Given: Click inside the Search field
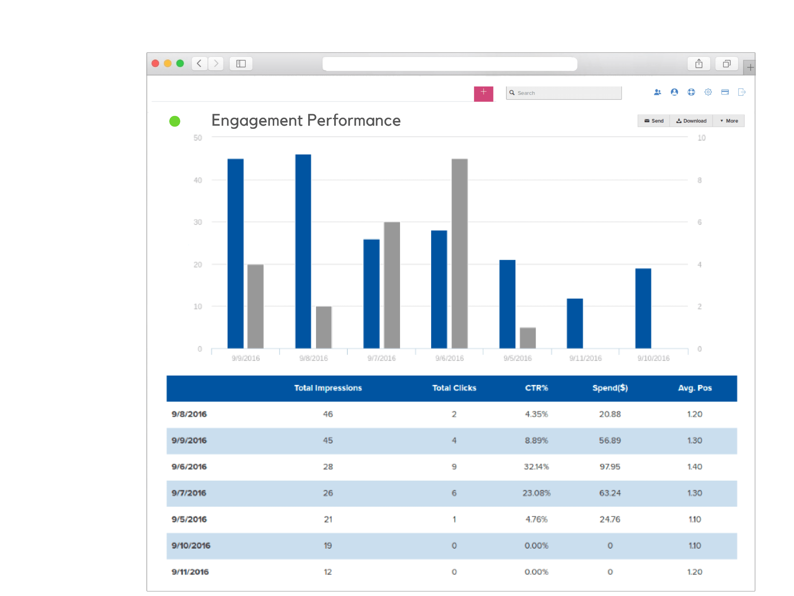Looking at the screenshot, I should tap(567, 93).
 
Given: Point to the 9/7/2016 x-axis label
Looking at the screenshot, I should tap(381, 358).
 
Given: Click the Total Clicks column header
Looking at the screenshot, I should tap(454, 388).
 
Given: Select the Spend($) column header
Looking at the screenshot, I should tap(610, 388).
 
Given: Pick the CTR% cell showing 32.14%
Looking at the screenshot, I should tap(536, 467).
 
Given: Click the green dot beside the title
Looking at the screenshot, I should tap(175, 121).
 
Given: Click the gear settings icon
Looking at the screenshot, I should tap(708, 92).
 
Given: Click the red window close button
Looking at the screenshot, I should tap(155, 64).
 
